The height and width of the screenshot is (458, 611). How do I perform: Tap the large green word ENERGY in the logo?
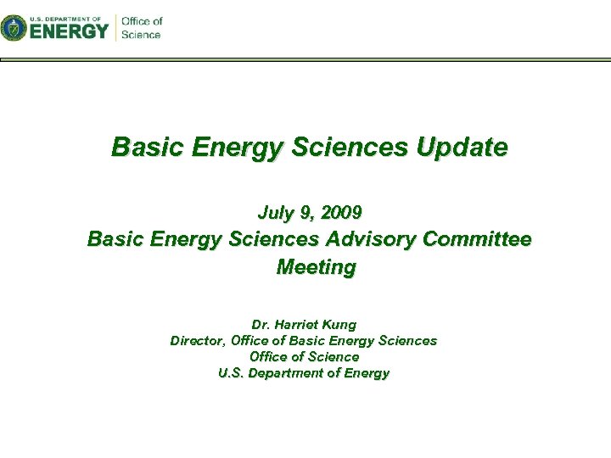click(69, 31)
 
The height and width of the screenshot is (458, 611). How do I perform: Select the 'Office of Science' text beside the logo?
click(141, 27)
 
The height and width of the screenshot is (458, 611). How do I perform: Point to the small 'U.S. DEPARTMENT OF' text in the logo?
click(64, 17)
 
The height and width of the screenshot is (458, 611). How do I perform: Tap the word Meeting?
click(317, 267)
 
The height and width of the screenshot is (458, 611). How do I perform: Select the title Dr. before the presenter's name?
click(261, 324)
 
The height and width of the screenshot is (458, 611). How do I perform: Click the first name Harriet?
click(299, 324)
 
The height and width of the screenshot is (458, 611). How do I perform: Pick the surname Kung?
click(341, 324)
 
